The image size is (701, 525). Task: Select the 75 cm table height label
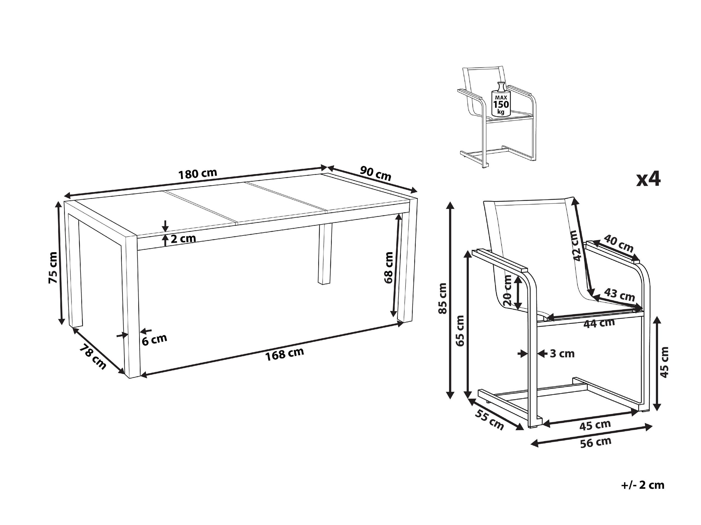pyautogui.click(x=53, y=268)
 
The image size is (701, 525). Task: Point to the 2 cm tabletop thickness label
pyautogui.click(x=183, y=239)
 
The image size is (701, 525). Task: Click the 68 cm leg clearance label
pyautogui.click(x=388, y=267)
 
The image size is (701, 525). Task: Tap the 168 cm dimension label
pyautogui.click(x=284, y=354)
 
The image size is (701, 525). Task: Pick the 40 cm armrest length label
pyautogui.click(x=618, y=243)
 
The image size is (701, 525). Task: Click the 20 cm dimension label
pyautogui.click(x=507, y=290)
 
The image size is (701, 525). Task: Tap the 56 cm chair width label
pyautogui.click(x=596, y=442)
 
